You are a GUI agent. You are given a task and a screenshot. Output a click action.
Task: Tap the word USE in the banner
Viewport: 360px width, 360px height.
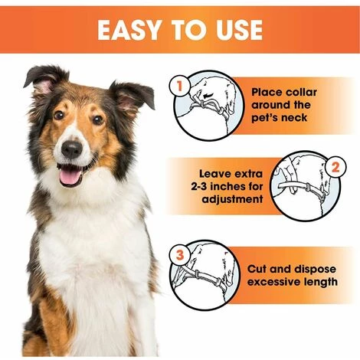pos(239,30)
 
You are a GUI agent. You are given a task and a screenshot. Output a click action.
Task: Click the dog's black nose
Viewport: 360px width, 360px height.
pos(72,149)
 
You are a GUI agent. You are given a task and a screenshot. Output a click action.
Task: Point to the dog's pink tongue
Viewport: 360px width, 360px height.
pos(70,176)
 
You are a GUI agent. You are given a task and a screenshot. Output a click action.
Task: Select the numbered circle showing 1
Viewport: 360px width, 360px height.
pos(180,86)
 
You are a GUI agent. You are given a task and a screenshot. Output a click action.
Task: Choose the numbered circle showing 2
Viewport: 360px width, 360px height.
pos(335,168)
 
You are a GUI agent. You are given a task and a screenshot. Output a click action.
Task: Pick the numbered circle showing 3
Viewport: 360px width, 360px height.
pos(180,255)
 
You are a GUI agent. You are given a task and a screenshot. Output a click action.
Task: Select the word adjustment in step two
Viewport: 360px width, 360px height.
pos(232,199)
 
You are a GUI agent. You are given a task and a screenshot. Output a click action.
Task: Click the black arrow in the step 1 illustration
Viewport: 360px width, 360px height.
pos(208,96)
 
